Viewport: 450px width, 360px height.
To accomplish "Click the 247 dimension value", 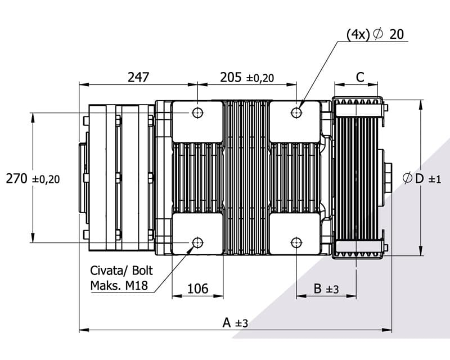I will pos(138,77).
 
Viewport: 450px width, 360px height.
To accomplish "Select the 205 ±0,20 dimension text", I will pos(247,78).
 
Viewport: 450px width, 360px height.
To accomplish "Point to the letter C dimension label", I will pos(360,77).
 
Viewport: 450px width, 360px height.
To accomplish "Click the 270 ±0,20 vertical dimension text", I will pos(33,179).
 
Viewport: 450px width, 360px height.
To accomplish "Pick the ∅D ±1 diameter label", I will pos(422,179).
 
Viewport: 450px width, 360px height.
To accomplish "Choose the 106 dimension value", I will pos(197,289).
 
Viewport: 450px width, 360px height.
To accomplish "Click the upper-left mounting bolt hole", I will pos(197,112).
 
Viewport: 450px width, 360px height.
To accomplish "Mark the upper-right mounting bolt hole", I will pos(296,112).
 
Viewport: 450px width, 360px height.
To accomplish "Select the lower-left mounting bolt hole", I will pos(197,242).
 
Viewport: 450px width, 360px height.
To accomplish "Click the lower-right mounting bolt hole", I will pos(296,242).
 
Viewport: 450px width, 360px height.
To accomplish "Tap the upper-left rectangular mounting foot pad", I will pos(197,121).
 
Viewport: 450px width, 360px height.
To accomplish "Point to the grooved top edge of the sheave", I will pos(358,102).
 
